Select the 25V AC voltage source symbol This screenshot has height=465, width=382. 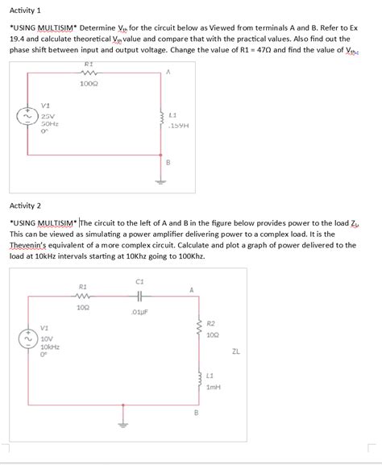29,119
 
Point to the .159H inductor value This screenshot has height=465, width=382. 179,126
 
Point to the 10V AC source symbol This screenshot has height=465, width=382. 28,340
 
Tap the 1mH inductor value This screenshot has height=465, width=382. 213,387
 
